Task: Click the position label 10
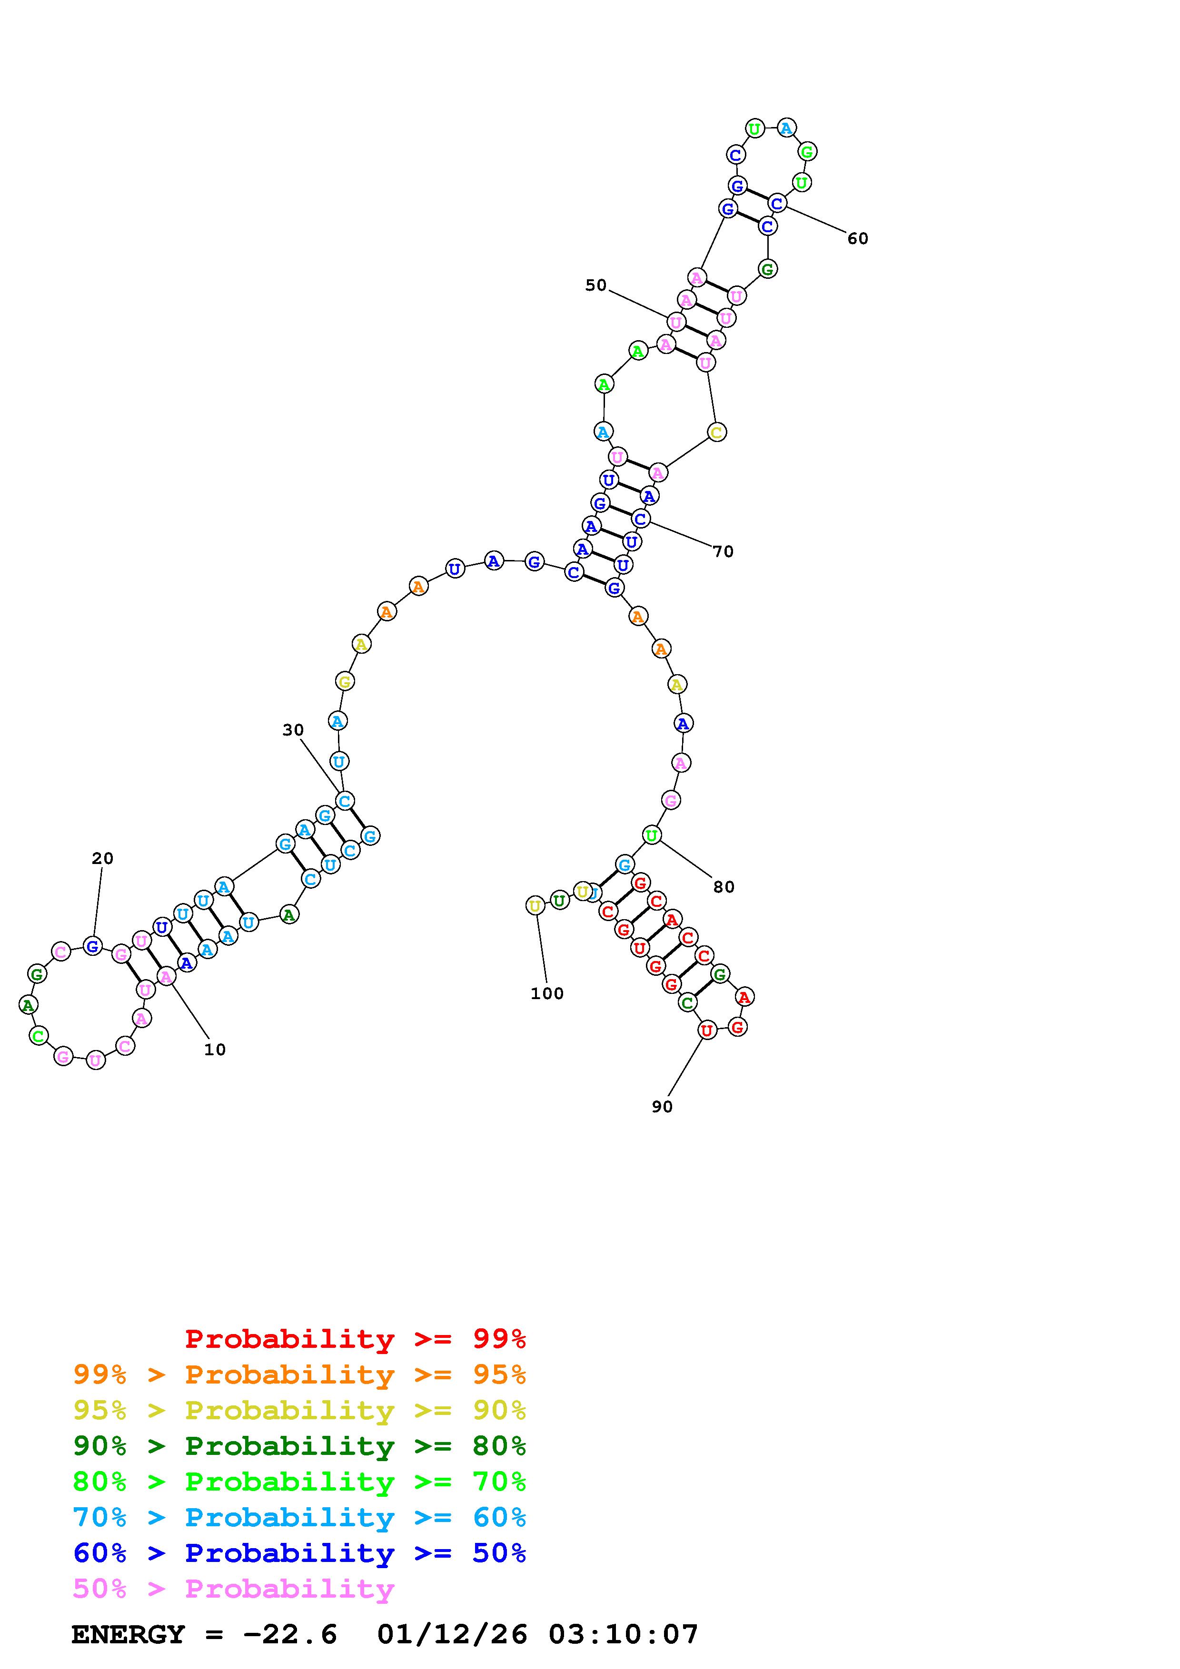coord(215,1050)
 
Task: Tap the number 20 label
coord(102,858)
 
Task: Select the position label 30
coord(293,730)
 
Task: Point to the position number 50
coord(595,285)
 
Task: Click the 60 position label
coord(858,238)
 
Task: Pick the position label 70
coord(724,552)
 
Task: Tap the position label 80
coord(724,887)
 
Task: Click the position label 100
coord(547,994)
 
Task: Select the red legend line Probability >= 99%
coord(356,1338)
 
